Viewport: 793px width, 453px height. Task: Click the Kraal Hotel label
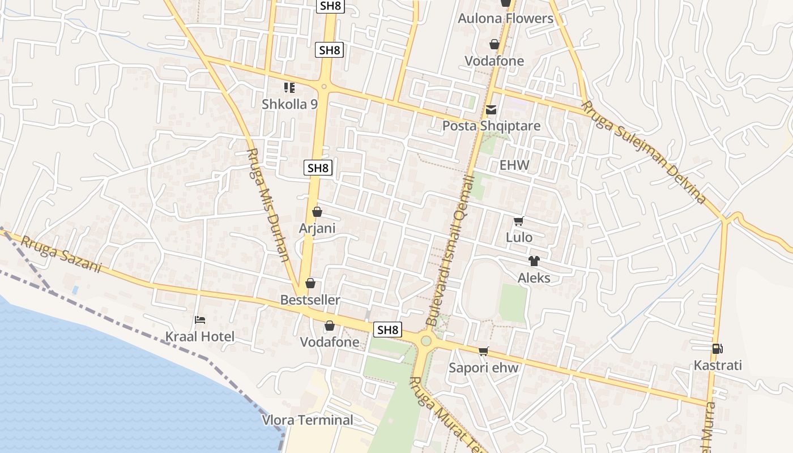point(199,337)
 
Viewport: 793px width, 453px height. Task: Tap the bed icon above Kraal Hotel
point(199,320)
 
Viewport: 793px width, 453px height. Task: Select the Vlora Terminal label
point(308,420)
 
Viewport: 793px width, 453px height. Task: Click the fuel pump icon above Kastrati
point(717,349)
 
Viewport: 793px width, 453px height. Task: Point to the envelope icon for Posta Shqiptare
point(491,110)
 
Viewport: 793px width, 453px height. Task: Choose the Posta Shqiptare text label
point(491,126)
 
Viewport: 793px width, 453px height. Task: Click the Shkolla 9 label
point(289,104)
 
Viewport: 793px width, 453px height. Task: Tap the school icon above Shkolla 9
point(289,88)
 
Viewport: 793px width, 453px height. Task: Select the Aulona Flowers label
point(505,18)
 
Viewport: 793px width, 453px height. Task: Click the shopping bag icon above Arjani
point(317,212)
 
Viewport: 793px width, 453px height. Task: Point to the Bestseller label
point(310,300)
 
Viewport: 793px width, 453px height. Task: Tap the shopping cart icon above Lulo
point(518,221)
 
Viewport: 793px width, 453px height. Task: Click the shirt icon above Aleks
point(534,261)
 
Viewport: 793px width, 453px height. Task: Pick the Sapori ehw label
point(483,367)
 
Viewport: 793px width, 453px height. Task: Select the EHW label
point(514,165)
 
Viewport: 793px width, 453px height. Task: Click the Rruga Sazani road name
point(61,254)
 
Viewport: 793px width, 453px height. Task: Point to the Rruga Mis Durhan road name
point(269,205)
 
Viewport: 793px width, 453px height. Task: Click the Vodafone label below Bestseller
point(329,342)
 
